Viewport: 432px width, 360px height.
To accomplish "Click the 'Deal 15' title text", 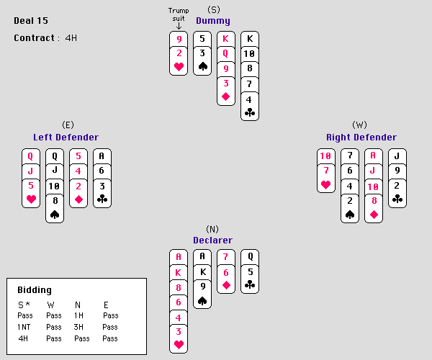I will [x=31, y=20].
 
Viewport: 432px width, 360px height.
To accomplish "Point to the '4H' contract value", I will [x=71, y=37].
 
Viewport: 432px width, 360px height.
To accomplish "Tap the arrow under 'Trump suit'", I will [x=179, y=26].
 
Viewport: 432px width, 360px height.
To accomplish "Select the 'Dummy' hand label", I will [x=213, y=21].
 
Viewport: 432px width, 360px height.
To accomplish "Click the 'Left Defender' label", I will [x=66, y=137].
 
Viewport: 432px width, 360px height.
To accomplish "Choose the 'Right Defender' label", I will [x=361, y=137].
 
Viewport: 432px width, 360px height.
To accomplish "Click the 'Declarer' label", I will [x=212, y=240].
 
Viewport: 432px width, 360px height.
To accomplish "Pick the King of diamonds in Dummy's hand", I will [x=226, y=38].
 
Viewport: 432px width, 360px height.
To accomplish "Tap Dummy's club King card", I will [x=250, y=38].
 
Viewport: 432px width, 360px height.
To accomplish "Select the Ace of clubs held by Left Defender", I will [x=102, y=156].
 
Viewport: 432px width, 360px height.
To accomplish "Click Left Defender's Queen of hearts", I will [x=31, y=156].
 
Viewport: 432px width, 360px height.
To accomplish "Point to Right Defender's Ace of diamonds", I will [x=373, y=156].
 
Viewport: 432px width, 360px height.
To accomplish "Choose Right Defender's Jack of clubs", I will [x=397, y=156].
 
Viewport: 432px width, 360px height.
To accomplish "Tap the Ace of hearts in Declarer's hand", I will [x=179, y=257].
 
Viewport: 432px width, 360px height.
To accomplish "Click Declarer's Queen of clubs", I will [x=250, y=257].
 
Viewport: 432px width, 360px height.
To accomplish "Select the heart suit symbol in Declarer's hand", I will [x=179, y=345].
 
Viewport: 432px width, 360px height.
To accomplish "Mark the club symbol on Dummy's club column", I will [x=250, y=112].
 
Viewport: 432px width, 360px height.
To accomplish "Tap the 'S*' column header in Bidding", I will [x=23, y=305].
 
